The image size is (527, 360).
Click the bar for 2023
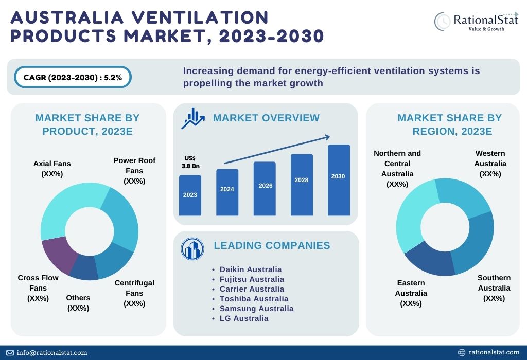[190, 195]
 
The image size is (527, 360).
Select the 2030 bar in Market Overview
[339, 179]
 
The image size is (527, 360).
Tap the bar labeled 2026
[265, 188]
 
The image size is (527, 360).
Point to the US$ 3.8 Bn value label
[190, 163]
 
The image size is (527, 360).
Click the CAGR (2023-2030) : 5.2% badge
[73, 78]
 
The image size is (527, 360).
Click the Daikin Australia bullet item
[250, 269]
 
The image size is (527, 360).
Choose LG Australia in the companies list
[243, 318]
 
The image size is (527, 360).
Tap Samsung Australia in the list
[256, 309]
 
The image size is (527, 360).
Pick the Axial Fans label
[52, 169]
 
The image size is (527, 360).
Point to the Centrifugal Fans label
[134, 293]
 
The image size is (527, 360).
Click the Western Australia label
[490, 164]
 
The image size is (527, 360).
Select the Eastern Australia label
[411, 293]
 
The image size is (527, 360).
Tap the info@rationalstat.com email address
[51, 353]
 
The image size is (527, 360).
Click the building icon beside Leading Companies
[192, 249]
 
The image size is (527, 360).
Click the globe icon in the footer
[462, 353]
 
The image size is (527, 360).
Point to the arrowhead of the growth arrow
[327, 137]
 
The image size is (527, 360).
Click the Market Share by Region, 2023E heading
[449, 124]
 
